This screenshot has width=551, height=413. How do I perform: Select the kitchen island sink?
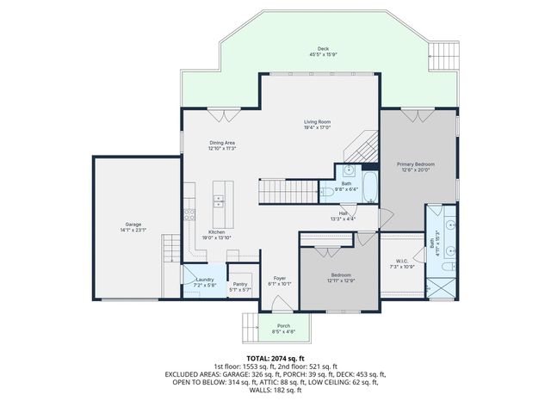[218, 200]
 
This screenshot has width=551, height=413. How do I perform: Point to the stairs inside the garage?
[170, 251]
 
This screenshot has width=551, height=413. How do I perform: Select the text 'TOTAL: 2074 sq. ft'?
[275, 357]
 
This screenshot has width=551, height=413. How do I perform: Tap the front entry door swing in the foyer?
[281, 304]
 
